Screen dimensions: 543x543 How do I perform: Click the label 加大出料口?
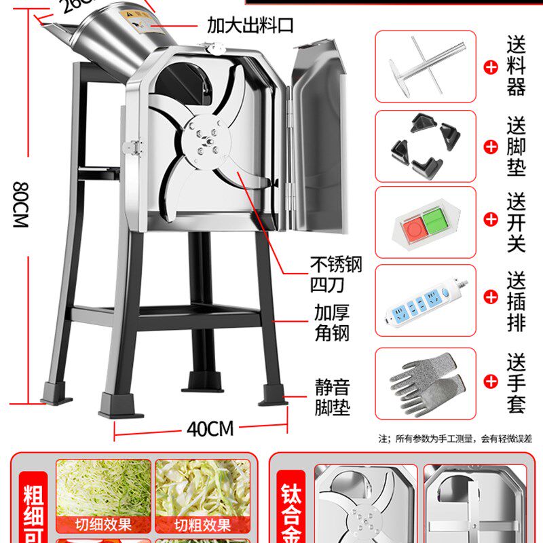[250, 26]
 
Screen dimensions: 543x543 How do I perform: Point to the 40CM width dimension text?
[210, 429]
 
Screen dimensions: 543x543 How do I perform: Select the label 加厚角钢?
[332, 324]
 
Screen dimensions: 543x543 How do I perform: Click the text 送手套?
[517, 383]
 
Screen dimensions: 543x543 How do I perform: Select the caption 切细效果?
[103, 525]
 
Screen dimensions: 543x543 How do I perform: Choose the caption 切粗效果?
[202, 525]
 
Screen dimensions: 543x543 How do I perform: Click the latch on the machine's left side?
[132, 147]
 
